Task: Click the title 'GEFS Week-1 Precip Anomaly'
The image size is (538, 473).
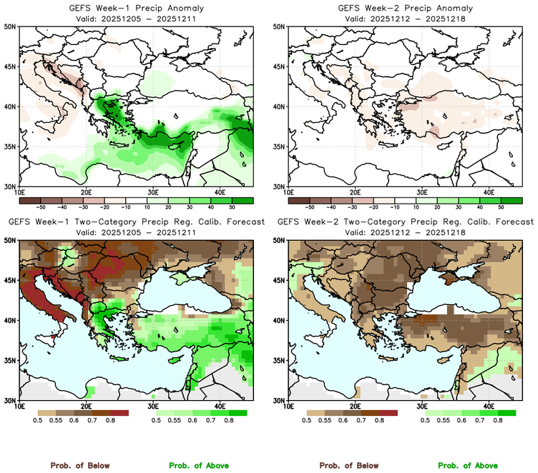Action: (135, 8)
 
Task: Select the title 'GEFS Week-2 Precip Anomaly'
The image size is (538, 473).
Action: (404, 8)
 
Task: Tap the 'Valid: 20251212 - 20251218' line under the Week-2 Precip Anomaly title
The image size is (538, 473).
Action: (404, 18)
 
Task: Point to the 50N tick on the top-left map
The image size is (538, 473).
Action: (11, 26)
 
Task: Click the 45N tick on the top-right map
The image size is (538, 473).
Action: (280, 66)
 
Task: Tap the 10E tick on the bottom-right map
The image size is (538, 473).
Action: (288, 407)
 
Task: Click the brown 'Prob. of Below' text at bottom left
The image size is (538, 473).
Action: (79, 465)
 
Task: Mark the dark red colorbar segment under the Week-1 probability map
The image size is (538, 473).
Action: (119, 412)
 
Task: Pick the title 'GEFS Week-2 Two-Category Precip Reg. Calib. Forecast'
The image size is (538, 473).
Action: (404, 222)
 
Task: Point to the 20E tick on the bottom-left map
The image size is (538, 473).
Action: (86, 407)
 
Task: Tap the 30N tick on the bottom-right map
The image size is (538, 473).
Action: (280, 400)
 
